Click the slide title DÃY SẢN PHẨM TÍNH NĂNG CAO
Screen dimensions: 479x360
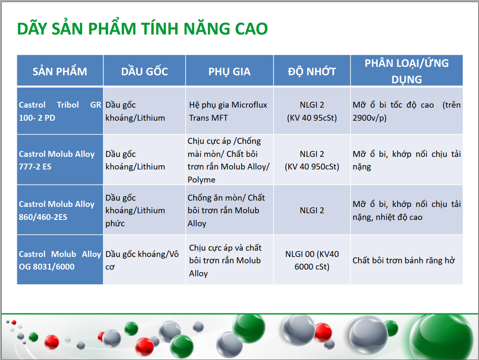click(x=142, y=28)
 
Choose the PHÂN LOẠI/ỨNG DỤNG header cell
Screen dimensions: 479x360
click(x=407, y=71)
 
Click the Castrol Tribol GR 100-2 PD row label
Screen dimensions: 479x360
click(x=60, y=111)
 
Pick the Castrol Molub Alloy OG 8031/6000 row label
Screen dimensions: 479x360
click(x=60, y=260)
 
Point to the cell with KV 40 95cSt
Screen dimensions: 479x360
click(x=312, y=111)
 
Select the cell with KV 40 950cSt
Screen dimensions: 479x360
click(x=312, y=160)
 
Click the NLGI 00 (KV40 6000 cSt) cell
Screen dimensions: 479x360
click(x=312, y=260)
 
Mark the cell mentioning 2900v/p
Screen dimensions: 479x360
click(x=407, y=111)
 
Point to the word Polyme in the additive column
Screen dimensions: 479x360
click(x=201, y=180)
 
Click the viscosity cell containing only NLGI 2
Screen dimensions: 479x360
click(x=312, y=210)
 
